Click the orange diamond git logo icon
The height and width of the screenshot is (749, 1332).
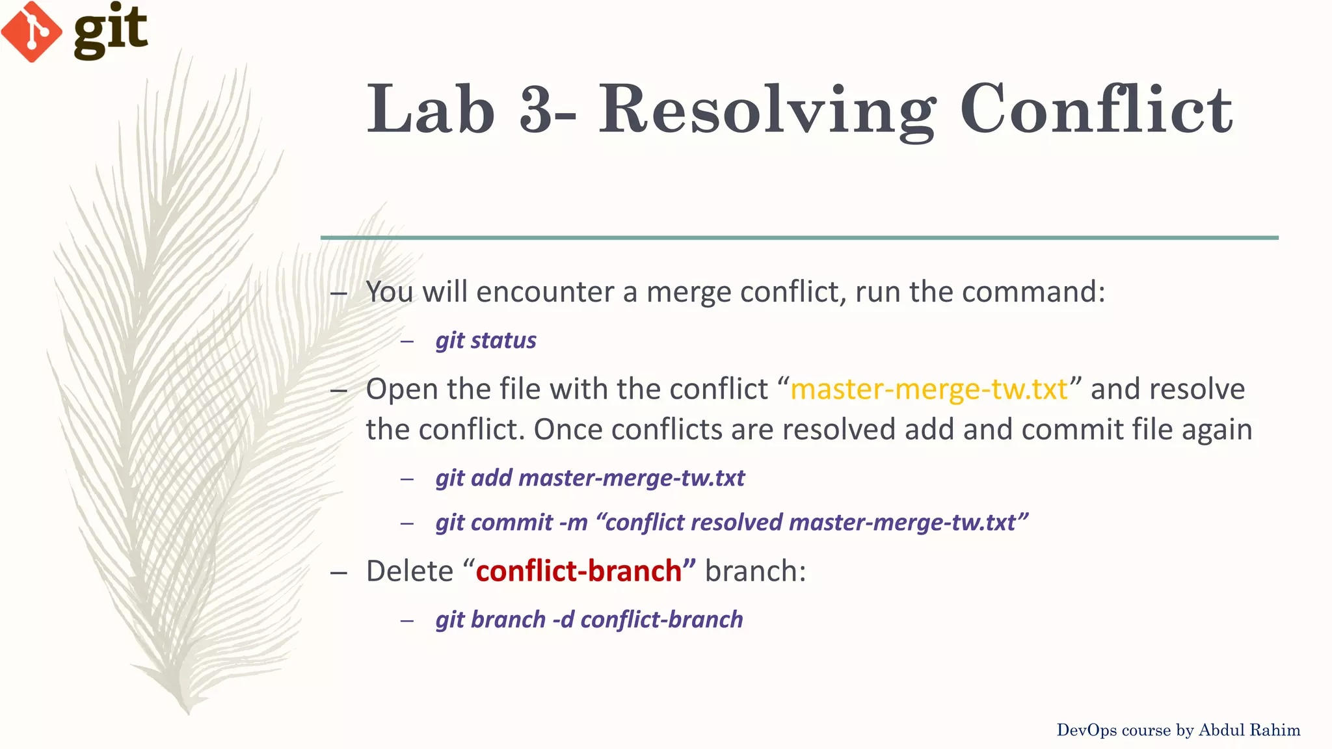31,31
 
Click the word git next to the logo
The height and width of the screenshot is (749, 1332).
111,30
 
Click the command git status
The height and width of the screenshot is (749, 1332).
486,341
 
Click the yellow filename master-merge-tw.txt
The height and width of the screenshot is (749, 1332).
929,389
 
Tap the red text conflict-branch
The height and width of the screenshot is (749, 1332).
579,572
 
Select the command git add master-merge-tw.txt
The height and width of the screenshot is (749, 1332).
590,479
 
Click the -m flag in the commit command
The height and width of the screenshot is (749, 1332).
573,523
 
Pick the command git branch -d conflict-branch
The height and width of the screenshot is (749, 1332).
589,620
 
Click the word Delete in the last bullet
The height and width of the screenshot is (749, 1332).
409,572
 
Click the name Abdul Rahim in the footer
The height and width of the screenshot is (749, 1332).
1249,730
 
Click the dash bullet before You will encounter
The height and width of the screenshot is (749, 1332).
338,293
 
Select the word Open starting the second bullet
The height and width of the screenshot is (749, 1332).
401,389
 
